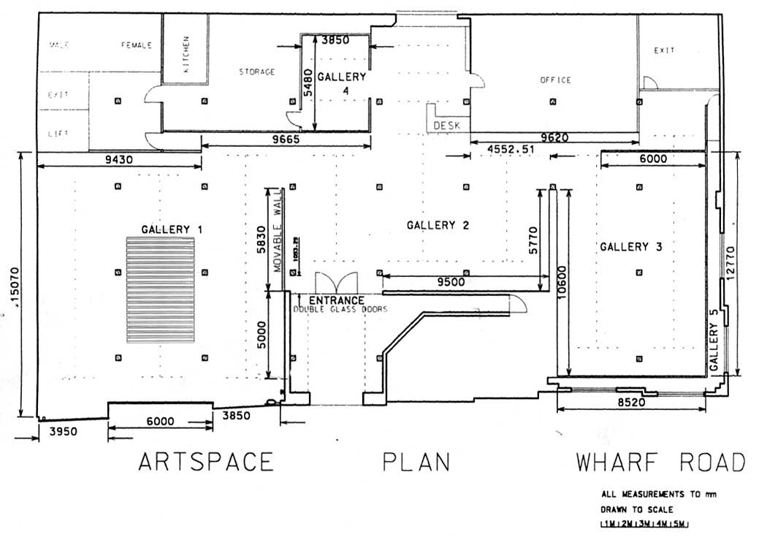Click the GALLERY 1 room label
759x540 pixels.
pos(172,229)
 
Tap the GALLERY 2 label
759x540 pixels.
pos(437,225)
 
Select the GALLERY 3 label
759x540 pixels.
pos(630,247)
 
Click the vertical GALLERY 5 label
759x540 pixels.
pos(714,339)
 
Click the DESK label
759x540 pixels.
pos(447,126)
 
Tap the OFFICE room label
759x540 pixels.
pos(555,80)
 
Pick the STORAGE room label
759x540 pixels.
pos(257,72)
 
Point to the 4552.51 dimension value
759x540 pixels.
pos(513,149)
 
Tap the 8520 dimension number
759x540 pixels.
pos(633,402)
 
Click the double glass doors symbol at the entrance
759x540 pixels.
pos(336,284)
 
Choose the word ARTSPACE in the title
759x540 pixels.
pos(206,463)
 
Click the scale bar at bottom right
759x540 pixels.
pos(643,524)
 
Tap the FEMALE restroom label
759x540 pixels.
pos(137,45)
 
